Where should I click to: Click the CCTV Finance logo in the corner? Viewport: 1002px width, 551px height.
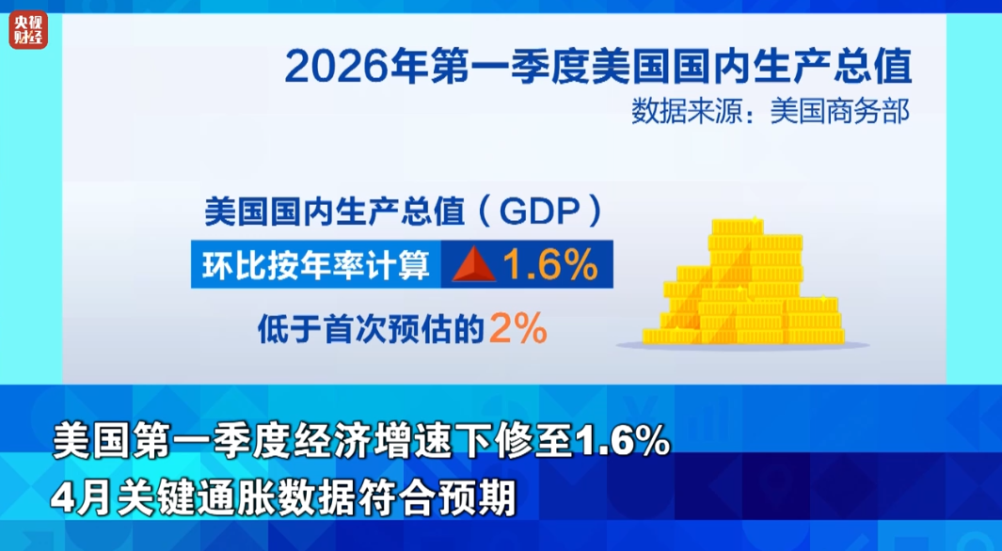pos(28,30)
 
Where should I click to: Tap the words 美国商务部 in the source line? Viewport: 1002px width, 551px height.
pos(839,112)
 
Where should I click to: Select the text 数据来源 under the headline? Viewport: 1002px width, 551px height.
pos(687,112)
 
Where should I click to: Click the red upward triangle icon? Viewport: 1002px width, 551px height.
pos(474,264)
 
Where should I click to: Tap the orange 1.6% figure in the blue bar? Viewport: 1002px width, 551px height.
pos(550,264)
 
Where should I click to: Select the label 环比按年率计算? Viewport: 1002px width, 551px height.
pos(316,264)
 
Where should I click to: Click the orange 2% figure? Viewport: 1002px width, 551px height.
pos(518,328)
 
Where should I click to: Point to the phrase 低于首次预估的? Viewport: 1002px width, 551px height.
pos(371,329)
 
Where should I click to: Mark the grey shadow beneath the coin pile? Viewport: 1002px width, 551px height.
pos(742,345)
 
